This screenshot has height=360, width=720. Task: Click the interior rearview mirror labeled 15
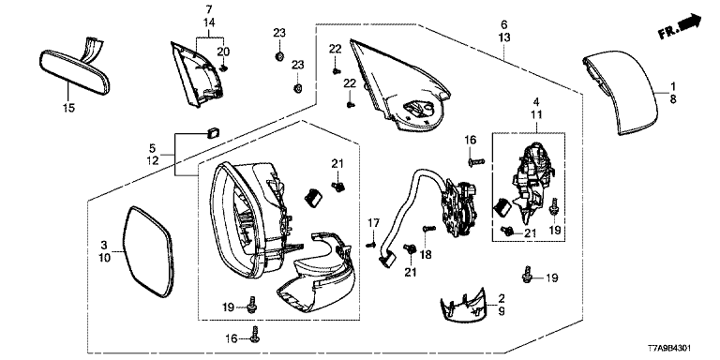tap(75, 72)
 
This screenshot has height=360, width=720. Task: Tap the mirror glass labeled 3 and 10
tap(149, 250)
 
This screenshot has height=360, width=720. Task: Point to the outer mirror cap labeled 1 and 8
tap(620, 94)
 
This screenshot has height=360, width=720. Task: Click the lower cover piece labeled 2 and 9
tap(463, 306)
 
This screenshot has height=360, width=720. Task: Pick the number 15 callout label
tap(69, 108)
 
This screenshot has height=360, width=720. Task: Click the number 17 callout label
tap(374, 223)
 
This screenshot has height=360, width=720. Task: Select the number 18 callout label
tap(426, 254)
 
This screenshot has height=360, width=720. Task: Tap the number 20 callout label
tap(223, 52)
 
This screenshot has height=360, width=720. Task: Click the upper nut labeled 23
tap(278, 56)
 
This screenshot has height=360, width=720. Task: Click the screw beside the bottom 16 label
tap(255, 334)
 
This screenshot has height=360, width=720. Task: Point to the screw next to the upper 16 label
tap(476, 161)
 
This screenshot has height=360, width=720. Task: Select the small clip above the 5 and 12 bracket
tap(213, 133)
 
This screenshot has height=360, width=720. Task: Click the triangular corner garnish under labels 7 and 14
tap(197, 74)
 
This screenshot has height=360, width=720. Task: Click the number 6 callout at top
tap(504, 23)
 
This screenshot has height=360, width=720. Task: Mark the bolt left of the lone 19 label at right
tap(527, 274)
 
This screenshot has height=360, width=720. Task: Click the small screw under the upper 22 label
tap(336, 70)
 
